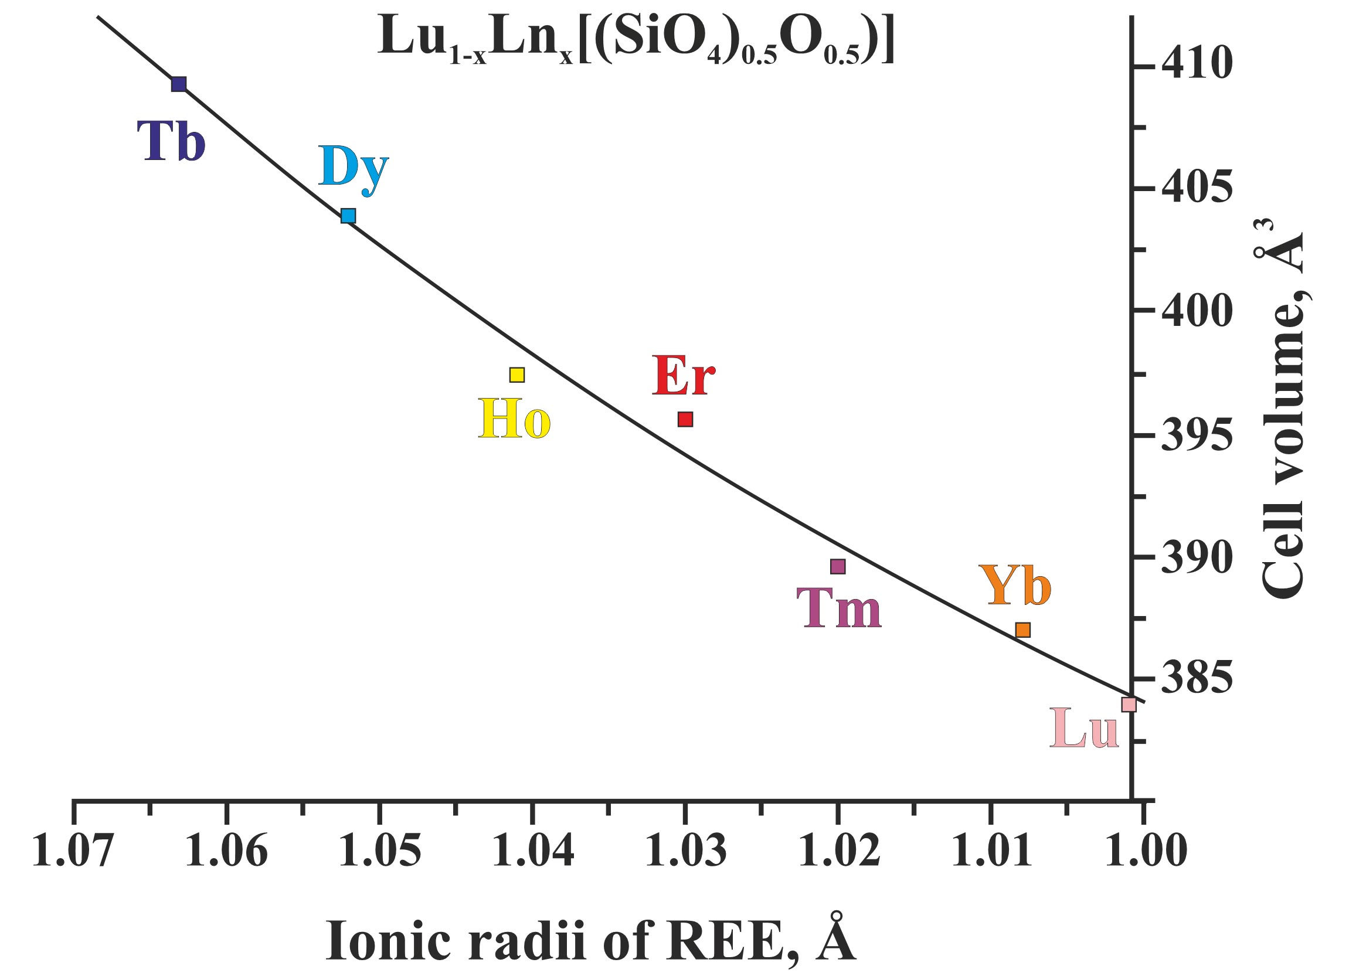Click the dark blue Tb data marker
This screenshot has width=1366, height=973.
pyautogui.click(x=179, y=84)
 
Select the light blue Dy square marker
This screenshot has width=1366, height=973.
pyautogui.click(x=348, y=216)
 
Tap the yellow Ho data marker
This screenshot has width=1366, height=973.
pyautogui.click(x=517, y=375)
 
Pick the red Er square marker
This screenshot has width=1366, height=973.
pyautogui.click(x=685, y=420)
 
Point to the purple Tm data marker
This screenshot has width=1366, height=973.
pyautogui.click(x=838, y=566)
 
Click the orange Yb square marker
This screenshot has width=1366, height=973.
pyautogui.click(x=1022, y=630)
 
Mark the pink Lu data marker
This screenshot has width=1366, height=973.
pyautogui.click(x=1129, y=705)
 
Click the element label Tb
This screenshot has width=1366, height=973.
pyautogui.click(x=171, y=141)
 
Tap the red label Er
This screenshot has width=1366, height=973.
pyautogui.click(x=684, y=376)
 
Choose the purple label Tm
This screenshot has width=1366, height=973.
pyautogui.click(x=839, y=609)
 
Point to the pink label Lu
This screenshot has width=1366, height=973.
pyautogui.click(x=1085, y=729)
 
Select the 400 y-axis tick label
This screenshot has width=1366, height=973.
pyautogui.click(x=1197, y=312)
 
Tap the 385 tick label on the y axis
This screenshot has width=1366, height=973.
pyautogui.click(x=1197, y=678)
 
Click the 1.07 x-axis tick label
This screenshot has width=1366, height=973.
pyautogui.click(x=73, y=850)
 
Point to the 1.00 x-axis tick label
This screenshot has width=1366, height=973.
pyautogui.click(x=1146, y=850)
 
